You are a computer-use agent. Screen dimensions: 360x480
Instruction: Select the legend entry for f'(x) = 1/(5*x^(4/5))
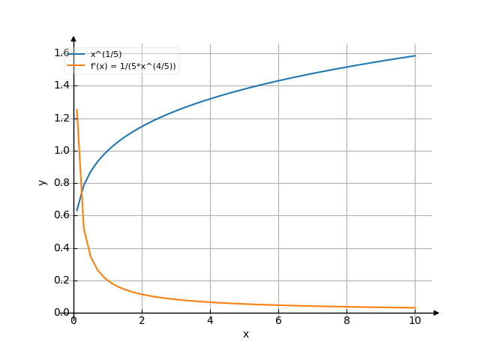(133, 66)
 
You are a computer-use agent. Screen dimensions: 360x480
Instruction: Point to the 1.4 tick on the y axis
(61, 85)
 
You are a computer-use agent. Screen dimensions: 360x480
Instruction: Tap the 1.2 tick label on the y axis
(61, 118)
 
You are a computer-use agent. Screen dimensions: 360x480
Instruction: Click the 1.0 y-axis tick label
(61, 150)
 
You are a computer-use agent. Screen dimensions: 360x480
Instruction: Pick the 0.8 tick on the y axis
(61, 183)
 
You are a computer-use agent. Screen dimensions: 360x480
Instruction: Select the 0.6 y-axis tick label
(61, 215)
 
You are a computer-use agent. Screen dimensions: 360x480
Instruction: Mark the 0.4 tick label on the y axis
(61, 248)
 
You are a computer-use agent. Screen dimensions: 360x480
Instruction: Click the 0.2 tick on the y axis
(61, 280)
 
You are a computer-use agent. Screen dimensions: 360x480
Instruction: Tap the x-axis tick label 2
(142, 321)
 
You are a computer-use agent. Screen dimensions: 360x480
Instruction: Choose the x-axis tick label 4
(210, 321)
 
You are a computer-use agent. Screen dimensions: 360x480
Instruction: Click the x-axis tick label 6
(278, 321)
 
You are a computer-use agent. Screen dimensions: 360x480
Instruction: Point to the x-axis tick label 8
(346, 321)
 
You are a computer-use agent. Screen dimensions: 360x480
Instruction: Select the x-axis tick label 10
(415, 321)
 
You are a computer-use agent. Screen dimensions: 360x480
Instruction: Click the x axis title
(245, 334)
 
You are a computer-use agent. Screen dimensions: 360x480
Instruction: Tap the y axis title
(43, 182)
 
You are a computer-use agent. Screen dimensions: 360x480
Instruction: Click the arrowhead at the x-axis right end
(436, 313)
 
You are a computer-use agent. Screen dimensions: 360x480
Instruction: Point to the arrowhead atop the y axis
(73, 38)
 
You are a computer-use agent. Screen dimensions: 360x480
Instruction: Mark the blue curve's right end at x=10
(415, 55)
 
